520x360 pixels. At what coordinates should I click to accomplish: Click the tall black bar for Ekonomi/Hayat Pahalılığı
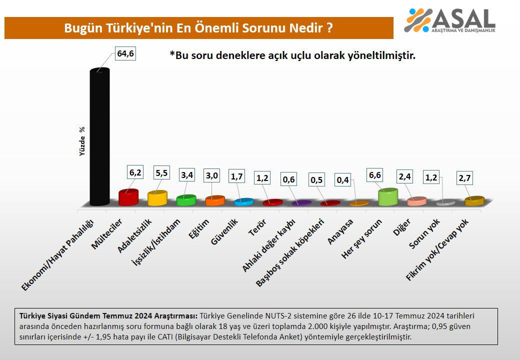point(99,137)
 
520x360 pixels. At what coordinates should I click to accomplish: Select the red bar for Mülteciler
point(128,197)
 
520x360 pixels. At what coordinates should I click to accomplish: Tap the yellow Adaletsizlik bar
point(157,198)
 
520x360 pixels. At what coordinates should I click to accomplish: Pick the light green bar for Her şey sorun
point(387,197)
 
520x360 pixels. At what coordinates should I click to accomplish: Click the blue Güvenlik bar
point(243,202)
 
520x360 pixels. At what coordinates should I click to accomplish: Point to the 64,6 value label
point(125,54)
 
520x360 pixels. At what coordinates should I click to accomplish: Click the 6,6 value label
point(375,175)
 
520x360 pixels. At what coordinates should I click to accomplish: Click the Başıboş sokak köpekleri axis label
point(290,252)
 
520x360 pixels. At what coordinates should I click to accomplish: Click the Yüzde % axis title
point(82,141)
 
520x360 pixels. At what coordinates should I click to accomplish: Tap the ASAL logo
point(450,21)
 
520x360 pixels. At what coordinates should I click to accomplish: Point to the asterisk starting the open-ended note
point(172,55)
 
